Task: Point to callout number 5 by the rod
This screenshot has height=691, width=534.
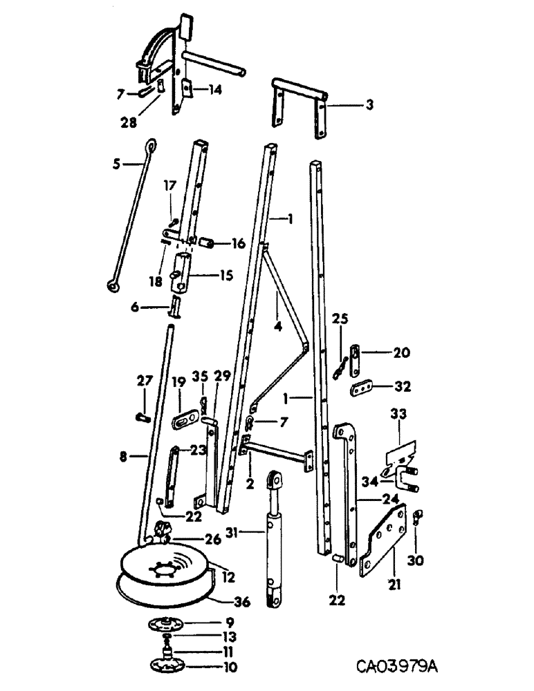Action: point(116,164)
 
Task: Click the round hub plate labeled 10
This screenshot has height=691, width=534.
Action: point(169,665)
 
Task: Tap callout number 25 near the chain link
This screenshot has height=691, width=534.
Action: point(339,319)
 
